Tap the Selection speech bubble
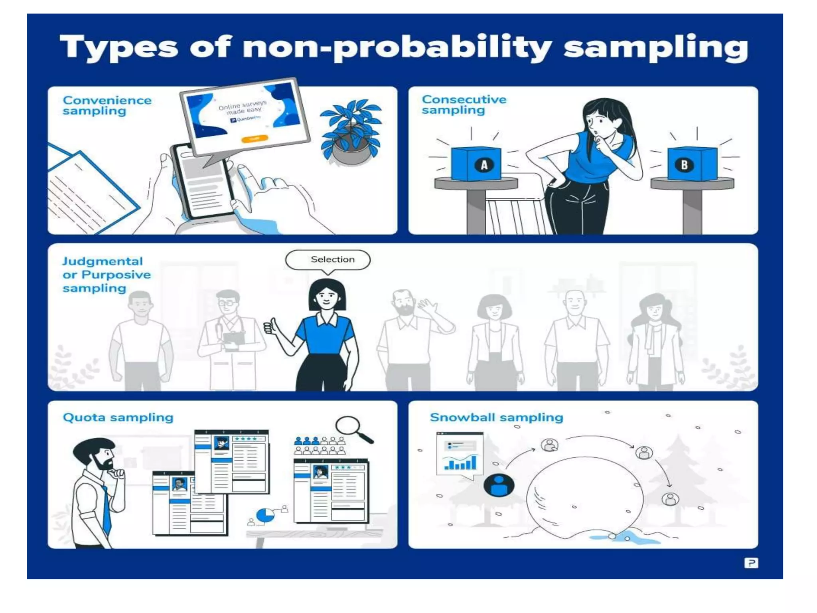(328, 260)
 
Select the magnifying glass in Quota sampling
(353, 429)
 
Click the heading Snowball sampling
(496, 417)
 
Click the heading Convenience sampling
(107, 105)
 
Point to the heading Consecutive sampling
(464, 105)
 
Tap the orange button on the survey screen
(255, 138)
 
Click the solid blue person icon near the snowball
(499, 485)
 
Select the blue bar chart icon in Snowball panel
(460, 463)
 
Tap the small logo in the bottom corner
(751, 563)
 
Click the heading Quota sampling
(118, 417)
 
